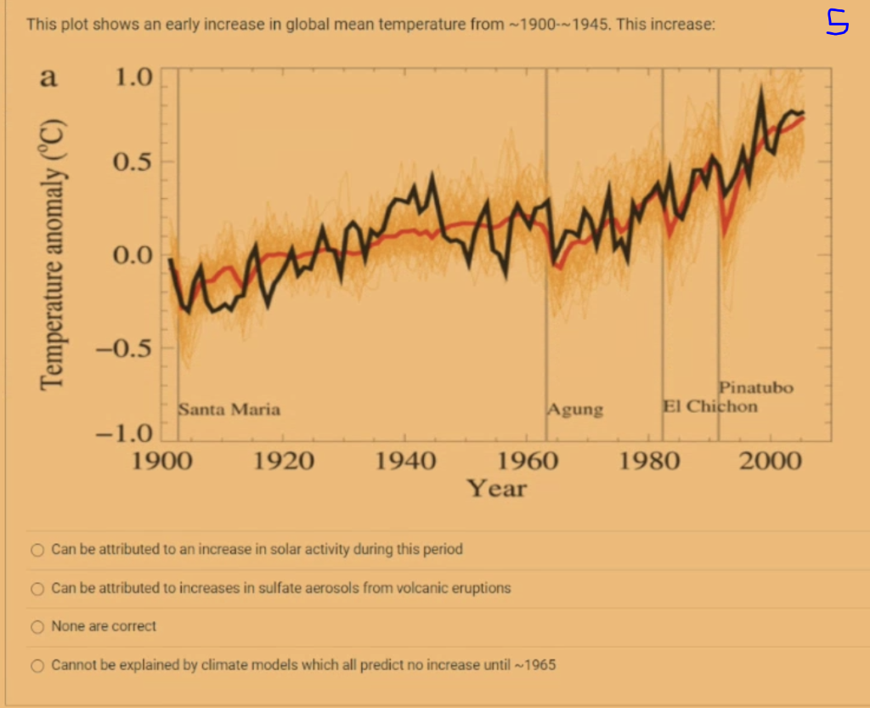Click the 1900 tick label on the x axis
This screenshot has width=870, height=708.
pos(162,462)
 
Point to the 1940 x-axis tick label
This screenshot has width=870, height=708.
pos(406,462)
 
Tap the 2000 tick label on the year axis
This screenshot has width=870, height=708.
pos(771,462)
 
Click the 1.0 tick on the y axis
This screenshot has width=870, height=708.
pos(133,77)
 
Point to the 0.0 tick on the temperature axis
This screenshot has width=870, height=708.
pos(133,254)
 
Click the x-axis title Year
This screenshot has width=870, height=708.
pos(497,489)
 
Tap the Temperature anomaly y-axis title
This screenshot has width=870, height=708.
pos(55,256)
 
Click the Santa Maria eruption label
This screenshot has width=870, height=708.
pos(229,410)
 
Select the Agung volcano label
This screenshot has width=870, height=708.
pos(576,410)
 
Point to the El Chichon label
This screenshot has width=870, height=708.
pos(710,406)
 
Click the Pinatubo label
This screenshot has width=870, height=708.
pos(756,388)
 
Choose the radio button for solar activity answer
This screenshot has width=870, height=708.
pos(37,550)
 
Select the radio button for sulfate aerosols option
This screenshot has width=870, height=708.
pos(37,588)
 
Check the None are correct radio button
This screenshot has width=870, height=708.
pos(37,627)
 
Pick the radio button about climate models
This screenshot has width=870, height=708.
pos(37,666)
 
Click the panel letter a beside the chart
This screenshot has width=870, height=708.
pos(48,78)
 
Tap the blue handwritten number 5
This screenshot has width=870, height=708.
pos(837,23)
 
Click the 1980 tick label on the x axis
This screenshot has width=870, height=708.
pos(650,462)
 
